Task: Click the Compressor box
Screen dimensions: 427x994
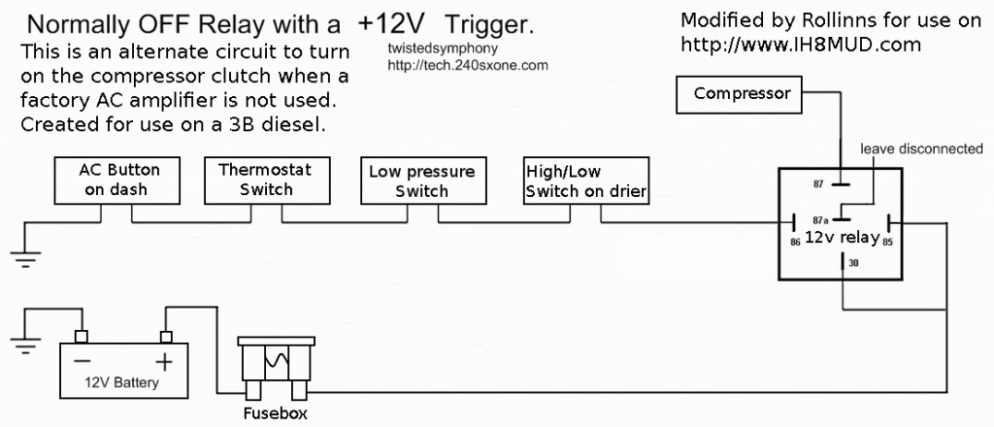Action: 742,95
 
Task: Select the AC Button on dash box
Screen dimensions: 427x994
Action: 120,180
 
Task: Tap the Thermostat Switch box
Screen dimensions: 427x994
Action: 265,180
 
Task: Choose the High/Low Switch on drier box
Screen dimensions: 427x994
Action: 585,181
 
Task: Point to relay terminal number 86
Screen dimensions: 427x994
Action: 796,242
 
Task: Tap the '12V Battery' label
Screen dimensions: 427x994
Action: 120,383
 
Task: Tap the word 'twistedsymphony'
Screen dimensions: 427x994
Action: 428,48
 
